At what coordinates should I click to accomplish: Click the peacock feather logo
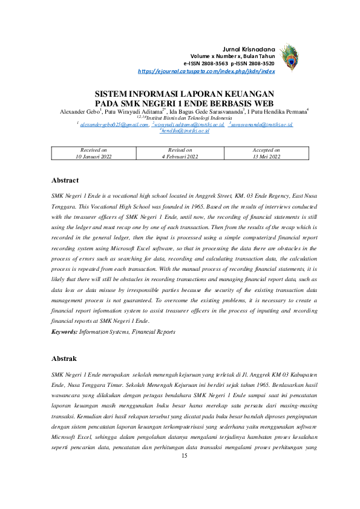(290, 57)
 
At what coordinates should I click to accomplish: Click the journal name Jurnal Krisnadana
(249, 48)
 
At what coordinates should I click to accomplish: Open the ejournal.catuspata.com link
(206, 71)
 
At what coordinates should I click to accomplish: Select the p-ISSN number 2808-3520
(261, 63)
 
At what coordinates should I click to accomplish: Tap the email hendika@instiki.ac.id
(185, 130)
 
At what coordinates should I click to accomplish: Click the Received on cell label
(94, 149)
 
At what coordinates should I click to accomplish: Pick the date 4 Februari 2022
(180, 156)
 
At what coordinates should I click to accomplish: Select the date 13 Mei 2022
(266, 156)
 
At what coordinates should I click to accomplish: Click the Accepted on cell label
(266, 149)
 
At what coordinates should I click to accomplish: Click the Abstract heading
(65, 180)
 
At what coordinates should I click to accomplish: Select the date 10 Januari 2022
(94, 156)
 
